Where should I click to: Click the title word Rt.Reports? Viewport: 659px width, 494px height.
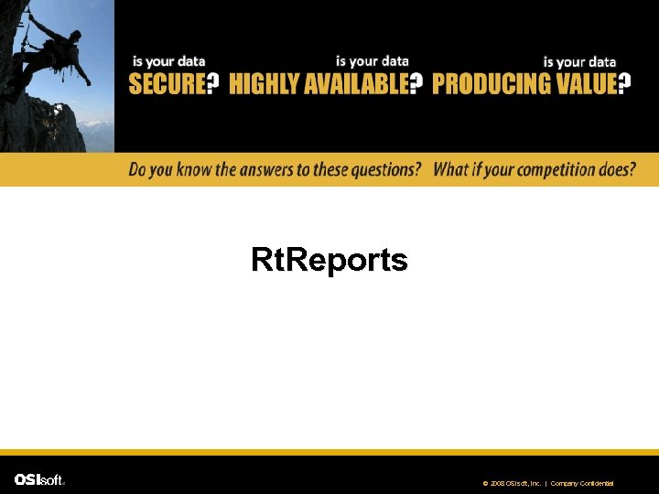(329, 261)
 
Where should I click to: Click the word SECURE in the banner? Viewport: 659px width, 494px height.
(166, 84)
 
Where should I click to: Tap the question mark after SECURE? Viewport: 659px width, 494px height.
(212, 84)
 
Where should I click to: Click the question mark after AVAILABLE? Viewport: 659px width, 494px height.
(416, 84)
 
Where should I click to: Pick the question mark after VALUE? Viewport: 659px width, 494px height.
(624, 84)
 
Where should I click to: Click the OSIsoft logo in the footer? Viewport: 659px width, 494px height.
(39, 479)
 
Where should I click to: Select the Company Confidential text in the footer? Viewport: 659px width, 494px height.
(582, 483)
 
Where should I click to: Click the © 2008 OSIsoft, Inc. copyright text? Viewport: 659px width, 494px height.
(513, 483)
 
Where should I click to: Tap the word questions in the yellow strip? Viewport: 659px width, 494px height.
(385, 169)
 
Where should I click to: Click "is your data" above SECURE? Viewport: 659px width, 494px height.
(169, 61)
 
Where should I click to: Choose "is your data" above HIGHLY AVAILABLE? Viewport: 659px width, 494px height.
(372, 61)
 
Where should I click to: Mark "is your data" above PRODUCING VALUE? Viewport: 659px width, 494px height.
(579, 61)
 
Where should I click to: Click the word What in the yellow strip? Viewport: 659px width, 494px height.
(451, 169)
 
